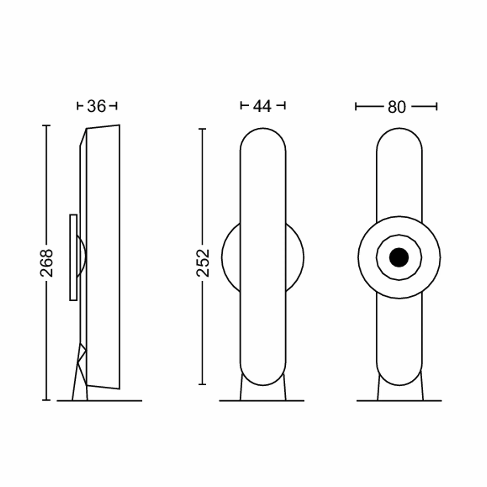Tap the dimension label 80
click(397, 107)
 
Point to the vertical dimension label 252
click(203, 263)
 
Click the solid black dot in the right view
click(399, 257)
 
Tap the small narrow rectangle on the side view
click(73, 257)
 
